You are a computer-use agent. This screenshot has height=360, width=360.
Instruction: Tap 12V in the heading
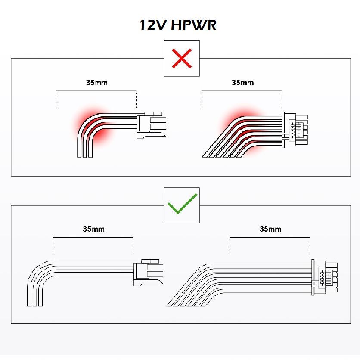click(x=152, y=25)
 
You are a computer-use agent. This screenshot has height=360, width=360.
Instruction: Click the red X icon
click(x=181, y=58)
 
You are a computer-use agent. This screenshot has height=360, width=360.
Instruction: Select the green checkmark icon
click(x=181, y=205)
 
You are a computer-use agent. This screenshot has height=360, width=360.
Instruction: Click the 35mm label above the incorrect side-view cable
click(x=96, y=82)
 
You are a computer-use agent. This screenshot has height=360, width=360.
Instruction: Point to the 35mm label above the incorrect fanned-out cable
click(x=242, y=82)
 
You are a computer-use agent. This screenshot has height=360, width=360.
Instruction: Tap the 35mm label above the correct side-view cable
click(x=93, y=229)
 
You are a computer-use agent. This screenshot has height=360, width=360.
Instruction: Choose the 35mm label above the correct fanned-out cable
click(x=270, y=229)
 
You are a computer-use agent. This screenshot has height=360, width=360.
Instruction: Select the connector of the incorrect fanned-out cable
click(x=295, y=130)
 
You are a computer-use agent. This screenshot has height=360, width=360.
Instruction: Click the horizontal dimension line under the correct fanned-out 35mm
click(x=270, y=237)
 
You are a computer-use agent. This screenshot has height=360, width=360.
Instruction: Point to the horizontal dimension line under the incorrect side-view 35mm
click(x=96, y=91)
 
